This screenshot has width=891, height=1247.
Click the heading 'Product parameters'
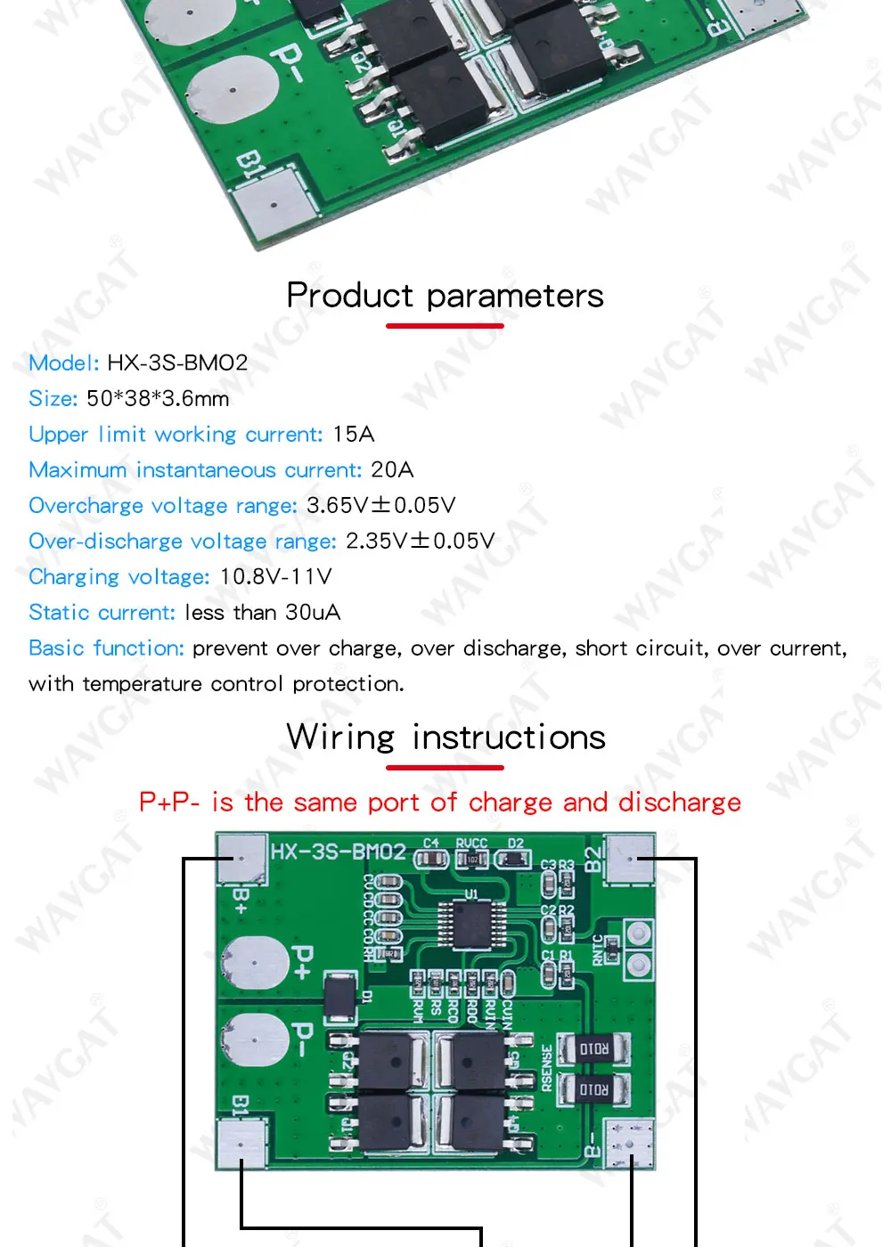click(445, 296)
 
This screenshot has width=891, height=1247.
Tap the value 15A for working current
click(354, 435)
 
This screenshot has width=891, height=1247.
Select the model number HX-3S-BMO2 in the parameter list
click(177, 363)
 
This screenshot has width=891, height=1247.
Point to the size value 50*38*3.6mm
click(158, 399)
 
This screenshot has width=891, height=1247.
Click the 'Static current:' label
click(102, 613)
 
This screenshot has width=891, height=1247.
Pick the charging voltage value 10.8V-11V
click(275, 577)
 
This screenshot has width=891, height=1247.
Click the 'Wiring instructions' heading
click(445, 738)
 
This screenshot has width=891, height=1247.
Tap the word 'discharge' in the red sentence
click(679, 803)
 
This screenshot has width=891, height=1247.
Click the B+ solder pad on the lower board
click(241, 860)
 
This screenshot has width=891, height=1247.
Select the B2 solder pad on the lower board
click(630, 860)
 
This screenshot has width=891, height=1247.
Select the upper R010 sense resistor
click(593, 1049)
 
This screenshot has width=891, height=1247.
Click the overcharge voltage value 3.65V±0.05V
click(380, 506)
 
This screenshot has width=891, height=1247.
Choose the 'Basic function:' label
click(106, 648)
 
